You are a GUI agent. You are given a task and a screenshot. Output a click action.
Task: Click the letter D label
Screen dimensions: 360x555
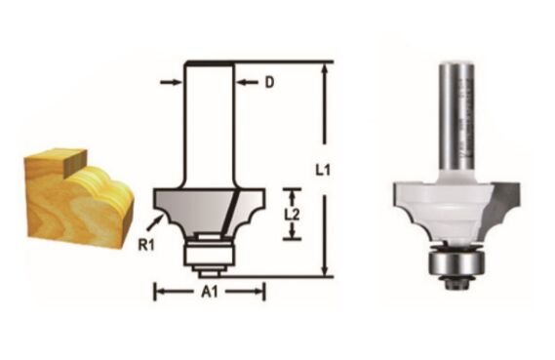tap(268, 84)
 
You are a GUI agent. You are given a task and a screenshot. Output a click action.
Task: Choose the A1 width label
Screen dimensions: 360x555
tap(210, 290)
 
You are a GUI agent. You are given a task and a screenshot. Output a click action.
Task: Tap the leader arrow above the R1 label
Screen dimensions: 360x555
tap(155, 203)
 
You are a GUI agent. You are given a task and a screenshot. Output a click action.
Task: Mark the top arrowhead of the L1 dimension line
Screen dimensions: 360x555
tap(321, 67)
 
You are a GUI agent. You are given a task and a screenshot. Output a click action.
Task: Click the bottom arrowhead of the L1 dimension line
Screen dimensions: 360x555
tap(321, 271)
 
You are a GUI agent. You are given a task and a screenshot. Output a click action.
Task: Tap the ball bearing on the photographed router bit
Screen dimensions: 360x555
tap(455, 264)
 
